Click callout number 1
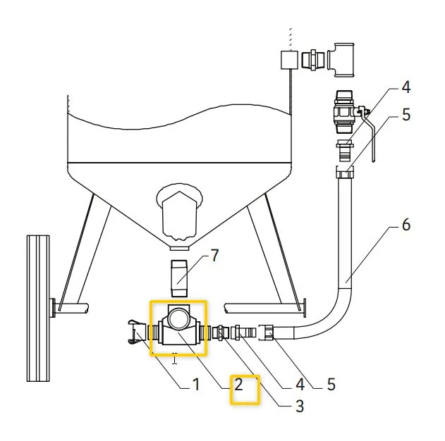[x=195, y=385]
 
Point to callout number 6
[x=406, y=225]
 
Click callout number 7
[x=215, y=255]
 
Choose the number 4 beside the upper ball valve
[x=406, y=87]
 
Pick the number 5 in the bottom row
[x=331, y=385]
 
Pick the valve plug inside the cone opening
[x=179, y=212]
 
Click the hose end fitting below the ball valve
[x=343, y=171]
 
